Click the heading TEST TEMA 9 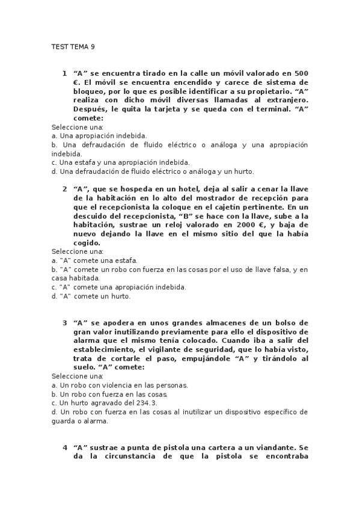click(x=73, y=46)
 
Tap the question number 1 click(x=64, y=73)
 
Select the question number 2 click(x=64, y=188)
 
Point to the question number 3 click(x=64, y=322)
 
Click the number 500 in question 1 click(x=301, y=73)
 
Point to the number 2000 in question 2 click(x=250, y=224)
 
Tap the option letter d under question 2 click(x=54, y=296)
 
